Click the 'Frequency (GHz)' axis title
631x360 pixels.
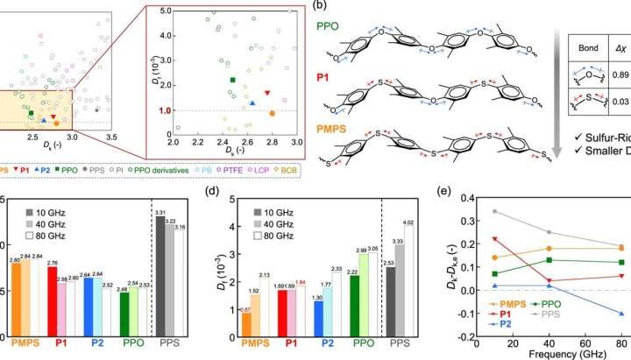coord(582,352)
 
